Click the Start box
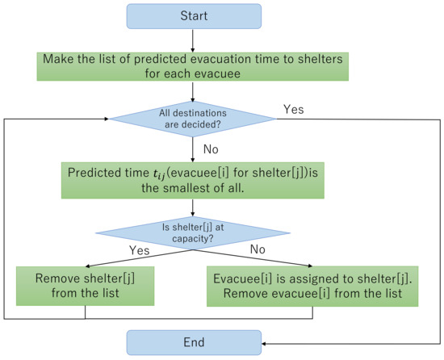coord(193,16)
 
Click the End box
coord(193,342)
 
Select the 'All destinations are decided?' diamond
coord(193,119)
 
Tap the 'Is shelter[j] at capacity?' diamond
coord(193,233)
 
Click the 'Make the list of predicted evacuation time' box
coord(193,65)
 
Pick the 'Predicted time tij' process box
coord(193,179)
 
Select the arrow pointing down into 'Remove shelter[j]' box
coord(85,260)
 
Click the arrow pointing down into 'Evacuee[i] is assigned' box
coord(312,260)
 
